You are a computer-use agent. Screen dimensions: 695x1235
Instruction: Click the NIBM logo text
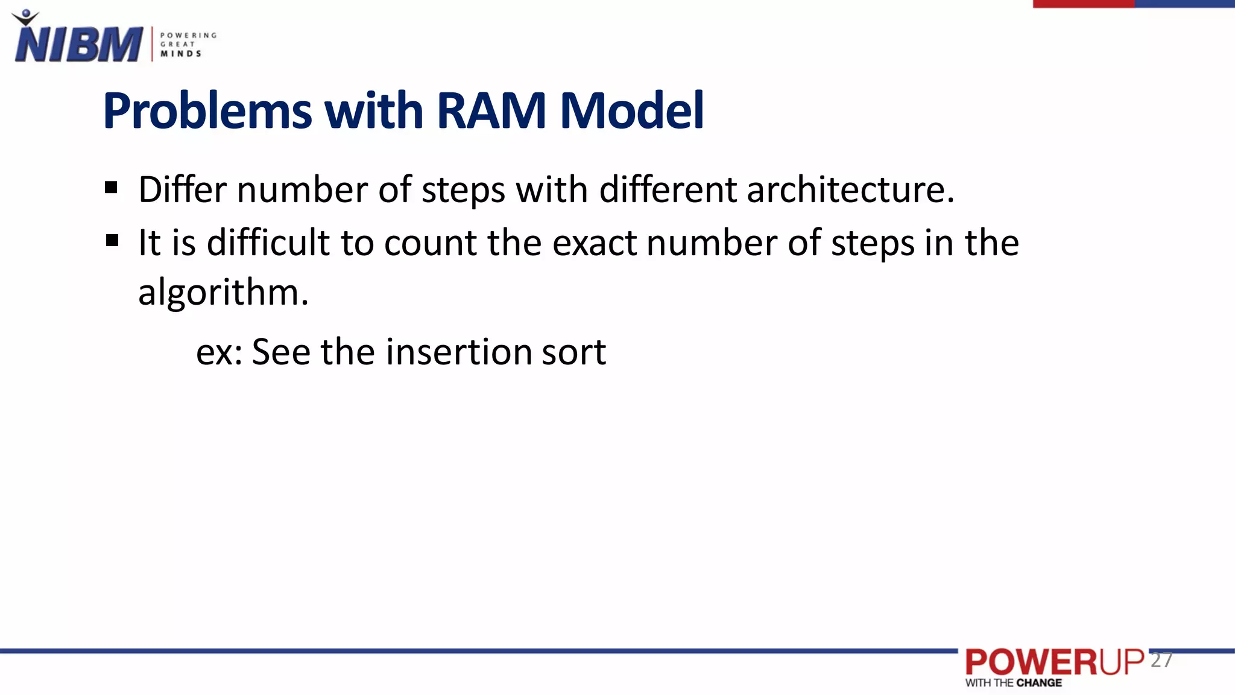[78, 44]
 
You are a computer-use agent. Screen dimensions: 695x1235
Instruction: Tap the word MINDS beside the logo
[181, 54]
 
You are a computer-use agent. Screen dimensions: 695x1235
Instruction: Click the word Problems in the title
[207, 111]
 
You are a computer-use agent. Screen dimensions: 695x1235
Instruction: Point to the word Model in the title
[631, 111]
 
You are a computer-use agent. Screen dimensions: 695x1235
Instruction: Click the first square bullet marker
[111, 188]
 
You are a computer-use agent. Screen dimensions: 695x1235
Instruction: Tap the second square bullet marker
[112, 241]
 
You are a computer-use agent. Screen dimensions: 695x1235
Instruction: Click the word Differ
[182, 189]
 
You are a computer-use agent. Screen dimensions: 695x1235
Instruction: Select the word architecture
[850, 189]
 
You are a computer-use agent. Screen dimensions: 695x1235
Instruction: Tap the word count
[430, 243]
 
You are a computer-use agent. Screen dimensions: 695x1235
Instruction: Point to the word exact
[594, 243]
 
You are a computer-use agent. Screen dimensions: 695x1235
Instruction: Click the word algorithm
[223, 293]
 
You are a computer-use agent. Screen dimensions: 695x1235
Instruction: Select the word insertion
[458, 352]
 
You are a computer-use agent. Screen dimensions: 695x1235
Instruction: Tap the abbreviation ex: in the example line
[218, 352]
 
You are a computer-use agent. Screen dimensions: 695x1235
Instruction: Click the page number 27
[1161, 660]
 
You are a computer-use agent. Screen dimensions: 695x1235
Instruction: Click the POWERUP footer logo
[1054, 662]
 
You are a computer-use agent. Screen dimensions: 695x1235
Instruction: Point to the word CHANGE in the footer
[1039, 683]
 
